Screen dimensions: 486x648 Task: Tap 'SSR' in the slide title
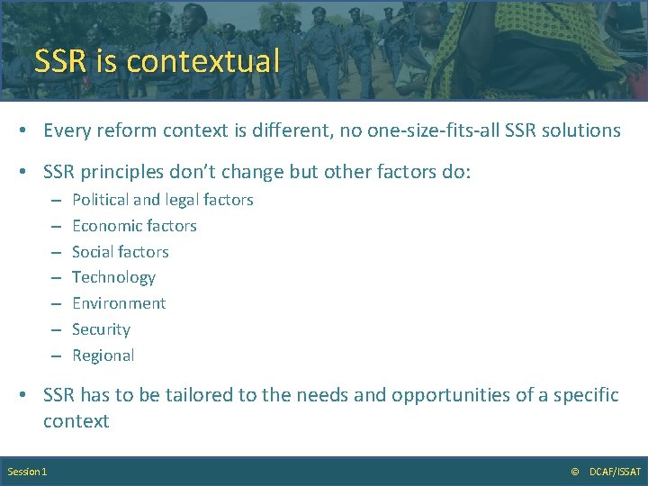(x=61, y=61)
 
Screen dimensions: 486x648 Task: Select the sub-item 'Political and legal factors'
(x=162, y=200)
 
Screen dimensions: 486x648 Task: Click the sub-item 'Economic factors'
(x=134, y=226)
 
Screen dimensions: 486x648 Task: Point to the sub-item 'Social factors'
(x=120, y=252)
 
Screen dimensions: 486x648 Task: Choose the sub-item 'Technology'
(x=113, y=277)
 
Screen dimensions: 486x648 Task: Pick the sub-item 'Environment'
(x=119, y=303)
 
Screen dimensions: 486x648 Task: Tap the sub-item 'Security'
(x=101, y=329)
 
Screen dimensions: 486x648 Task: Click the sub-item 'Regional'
(x=103, y=355)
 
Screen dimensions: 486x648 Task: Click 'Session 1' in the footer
(x=27, y=472)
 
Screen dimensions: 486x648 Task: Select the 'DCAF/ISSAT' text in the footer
(x=615, y=472)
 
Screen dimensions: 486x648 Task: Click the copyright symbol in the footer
(x=575, y=472)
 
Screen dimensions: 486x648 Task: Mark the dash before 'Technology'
(x=55, y=278)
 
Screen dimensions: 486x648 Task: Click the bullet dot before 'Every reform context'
(x=28, y=131)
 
